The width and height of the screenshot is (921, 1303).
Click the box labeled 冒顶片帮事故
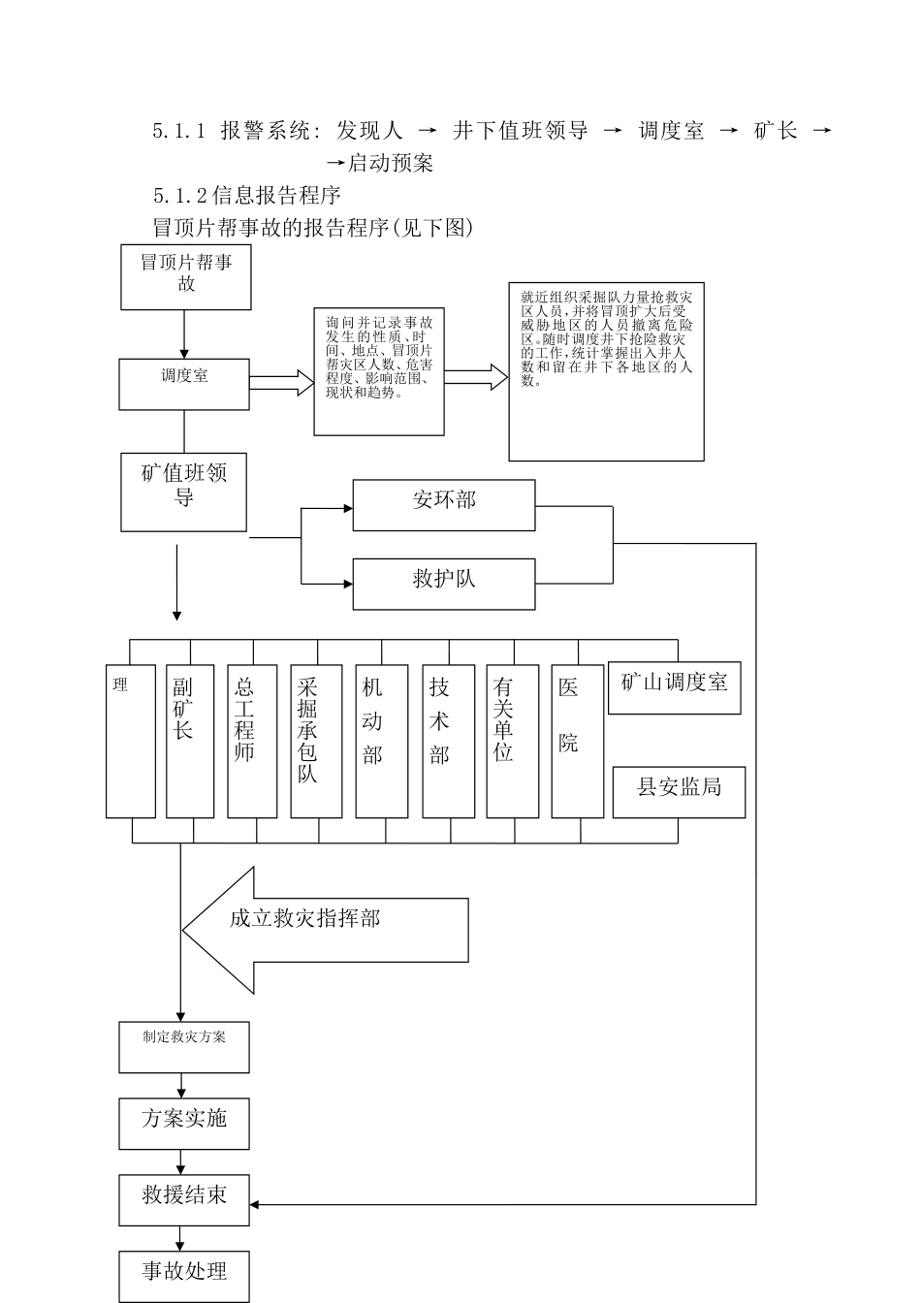(x=186, y=277)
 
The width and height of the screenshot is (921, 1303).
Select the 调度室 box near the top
(x=184, y=384)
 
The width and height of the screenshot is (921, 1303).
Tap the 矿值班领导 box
(x=184, y=492)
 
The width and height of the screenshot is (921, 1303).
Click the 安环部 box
(x=444, y=505)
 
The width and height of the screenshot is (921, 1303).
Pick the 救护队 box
(x=444, y=584)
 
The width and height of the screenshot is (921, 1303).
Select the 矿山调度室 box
(x=675, y=687)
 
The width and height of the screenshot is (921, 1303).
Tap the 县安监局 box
(x=679, y=792)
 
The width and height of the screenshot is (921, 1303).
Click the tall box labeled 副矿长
(x=190, y=742)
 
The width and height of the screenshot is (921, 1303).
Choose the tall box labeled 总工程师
(x=252, y=742)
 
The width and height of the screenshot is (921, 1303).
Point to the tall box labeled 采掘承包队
(x=316, y=742)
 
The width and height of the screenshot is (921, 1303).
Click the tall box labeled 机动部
(x=381, y=742)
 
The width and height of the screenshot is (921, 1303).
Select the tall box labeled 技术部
(x=449, y=742)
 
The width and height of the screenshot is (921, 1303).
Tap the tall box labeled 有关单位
(x=513, y=742)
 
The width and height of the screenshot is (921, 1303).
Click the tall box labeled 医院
(x=578, y=742)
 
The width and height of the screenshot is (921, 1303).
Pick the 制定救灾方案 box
(x=184, y=1047)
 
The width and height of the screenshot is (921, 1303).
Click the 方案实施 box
(x=184, y=1124)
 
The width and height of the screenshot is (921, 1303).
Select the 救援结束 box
(x=184, y=1200)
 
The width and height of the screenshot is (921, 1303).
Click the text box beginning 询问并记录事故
(x=379, y=372)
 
